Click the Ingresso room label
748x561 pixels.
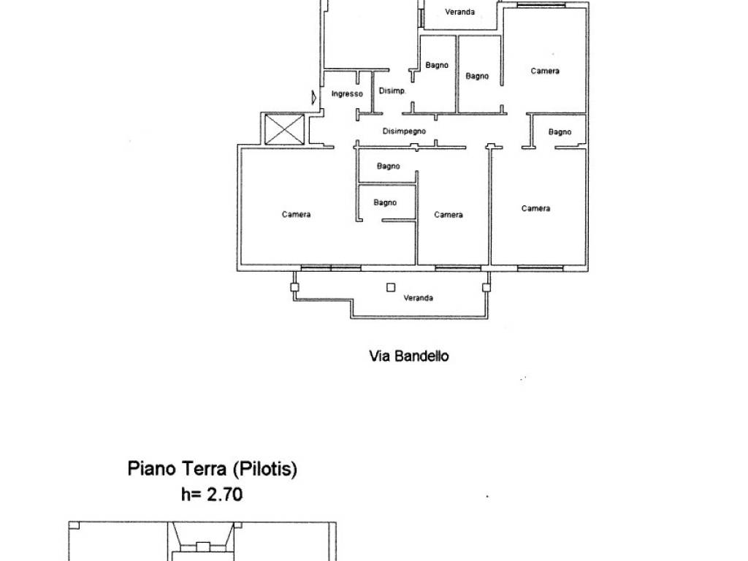[347, 94]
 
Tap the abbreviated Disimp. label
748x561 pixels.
[392, 91]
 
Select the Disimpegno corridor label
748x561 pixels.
[404, 131]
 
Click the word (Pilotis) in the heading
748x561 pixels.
[264, 469]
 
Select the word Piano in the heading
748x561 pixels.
[150, 468]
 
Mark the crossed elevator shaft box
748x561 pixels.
[284, 129]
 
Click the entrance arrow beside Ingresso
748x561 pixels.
[314, 98]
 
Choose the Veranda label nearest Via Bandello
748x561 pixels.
[419, 298]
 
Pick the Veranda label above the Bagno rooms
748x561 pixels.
[460, 12]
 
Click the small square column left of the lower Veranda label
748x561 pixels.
[391, 288]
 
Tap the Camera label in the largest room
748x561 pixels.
[297, 215]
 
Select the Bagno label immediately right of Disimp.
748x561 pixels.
[437, 65]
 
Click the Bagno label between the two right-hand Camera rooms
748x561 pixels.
[560, 131]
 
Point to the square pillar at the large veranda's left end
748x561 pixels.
[294, 287]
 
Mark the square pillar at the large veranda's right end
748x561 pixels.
[486, 287]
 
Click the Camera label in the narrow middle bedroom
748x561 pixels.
[449, 215]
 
